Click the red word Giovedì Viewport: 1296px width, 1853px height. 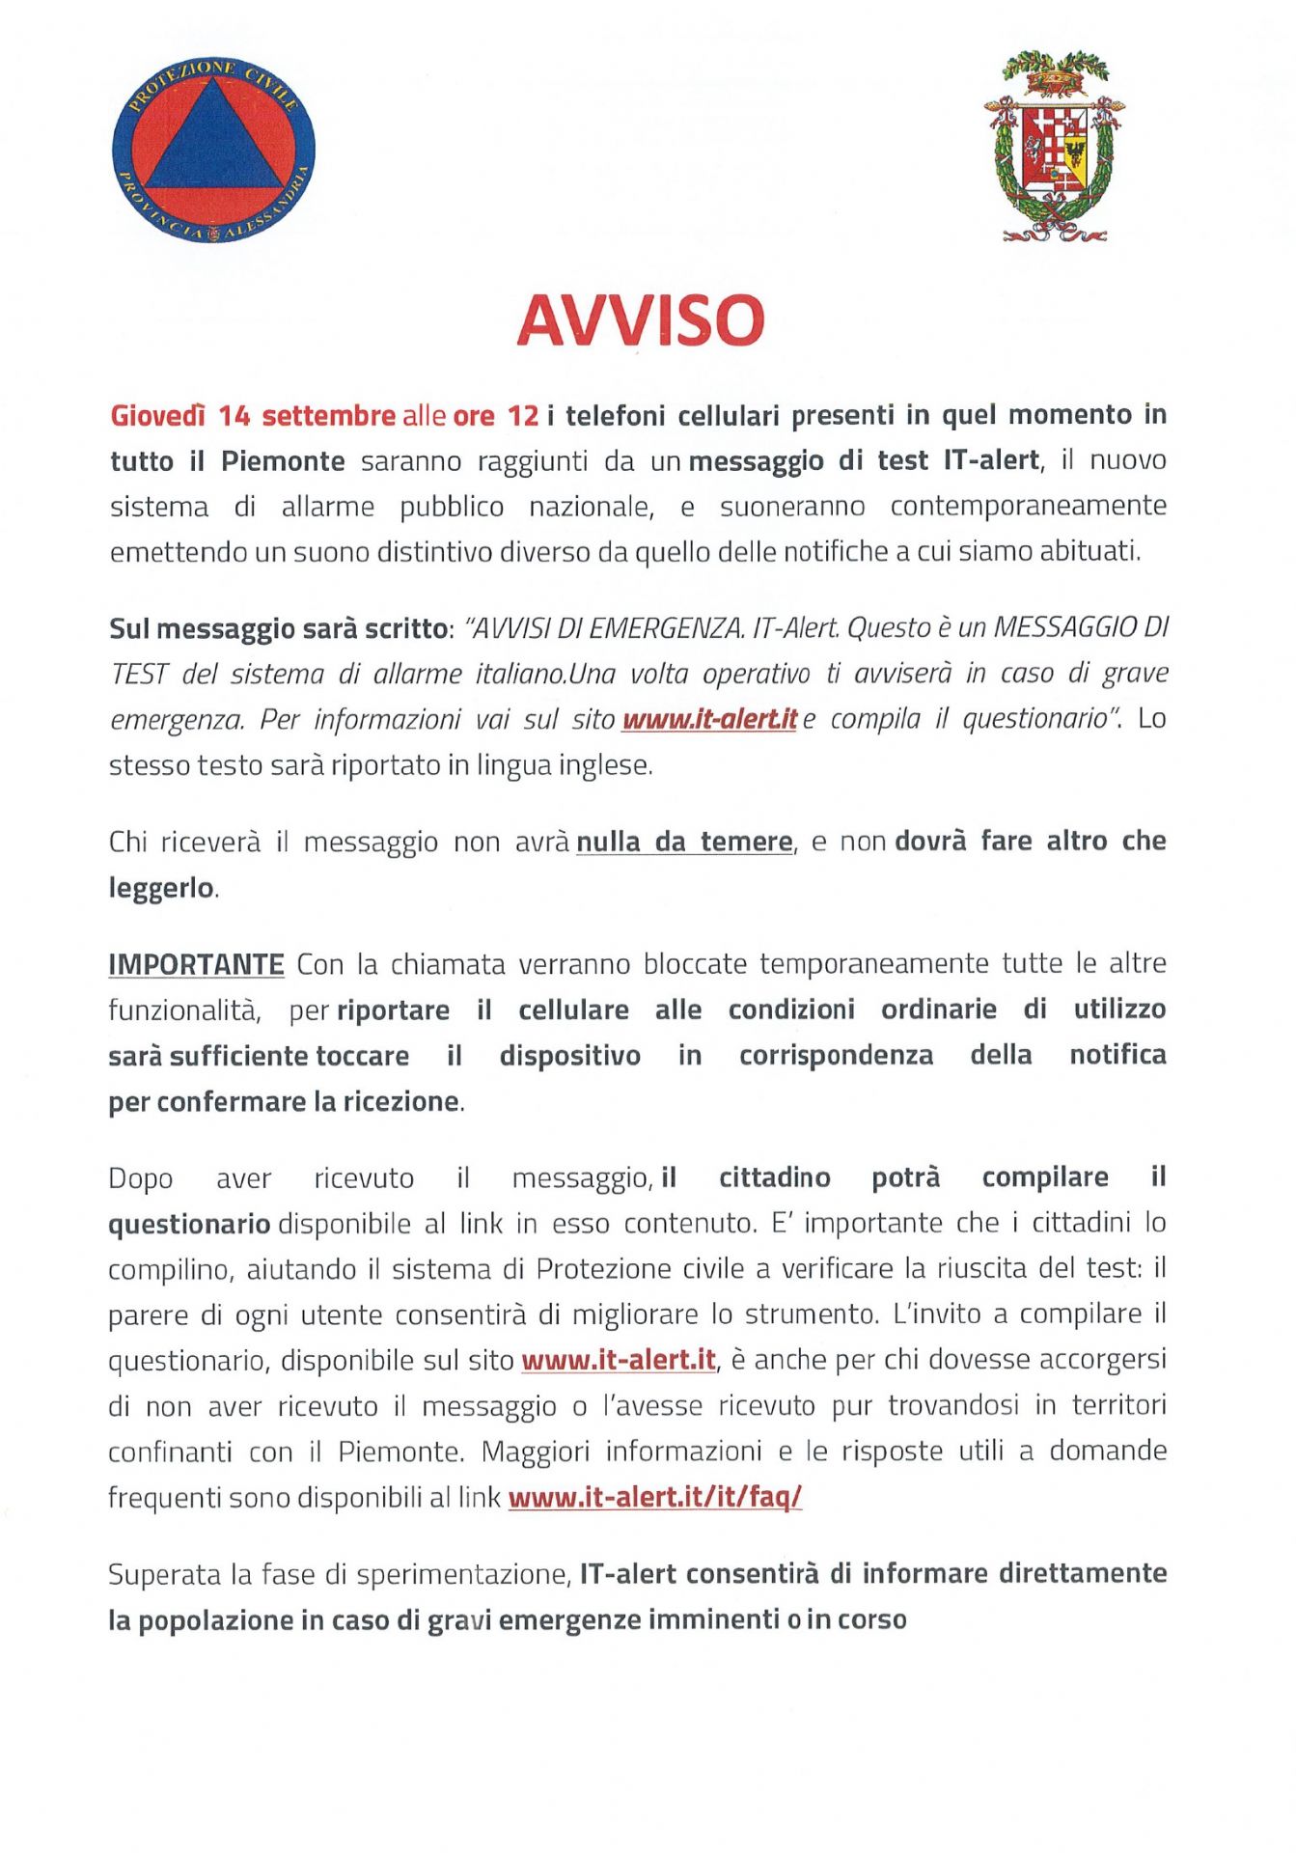point(158,416)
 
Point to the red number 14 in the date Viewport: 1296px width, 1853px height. point(234,416)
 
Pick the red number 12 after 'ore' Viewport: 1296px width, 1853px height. point(523,416)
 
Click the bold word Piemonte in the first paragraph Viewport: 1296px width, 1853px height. point(283,461)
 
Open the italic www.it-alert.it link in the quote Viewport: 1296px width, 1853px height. point(709,720)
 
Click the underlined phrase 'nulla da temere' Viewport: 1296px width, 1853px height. point(684,842)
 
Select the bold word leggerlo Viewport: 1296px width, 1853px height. point(161,888)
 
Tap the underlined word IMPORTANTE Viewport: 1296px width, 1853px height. point(196,964)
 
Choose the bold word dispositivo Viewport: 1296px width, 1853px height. point(569,1056)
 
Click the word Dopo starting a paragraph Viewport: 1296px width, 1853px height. point(141,1178)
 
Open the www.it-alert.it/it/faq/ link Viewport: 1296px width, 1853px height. point(655,1497)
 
